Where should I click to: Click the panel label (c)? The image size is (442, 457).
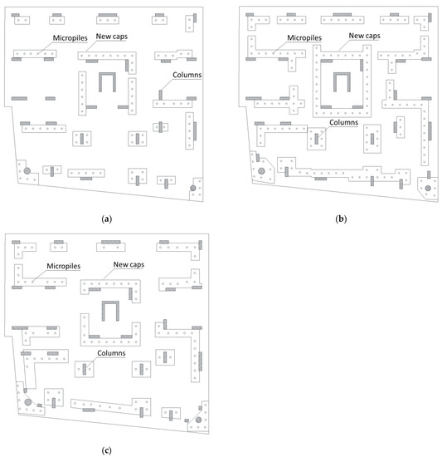click(105, 449)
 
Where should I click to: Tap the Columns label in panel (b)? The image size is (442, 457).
click(344, 122)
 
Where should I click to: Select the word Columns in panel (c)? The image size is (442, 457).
click(111, 353)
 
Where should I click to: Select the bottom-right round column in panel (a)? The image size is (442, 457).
click(192, 189)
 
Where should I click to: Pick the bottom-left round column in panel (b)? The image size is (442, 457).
click(262, 170)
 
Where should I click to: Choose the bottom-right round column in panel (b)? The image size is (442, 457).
click(428, 188)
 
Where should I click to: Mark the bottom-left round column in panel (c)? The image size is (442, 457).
click(27, 402)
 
